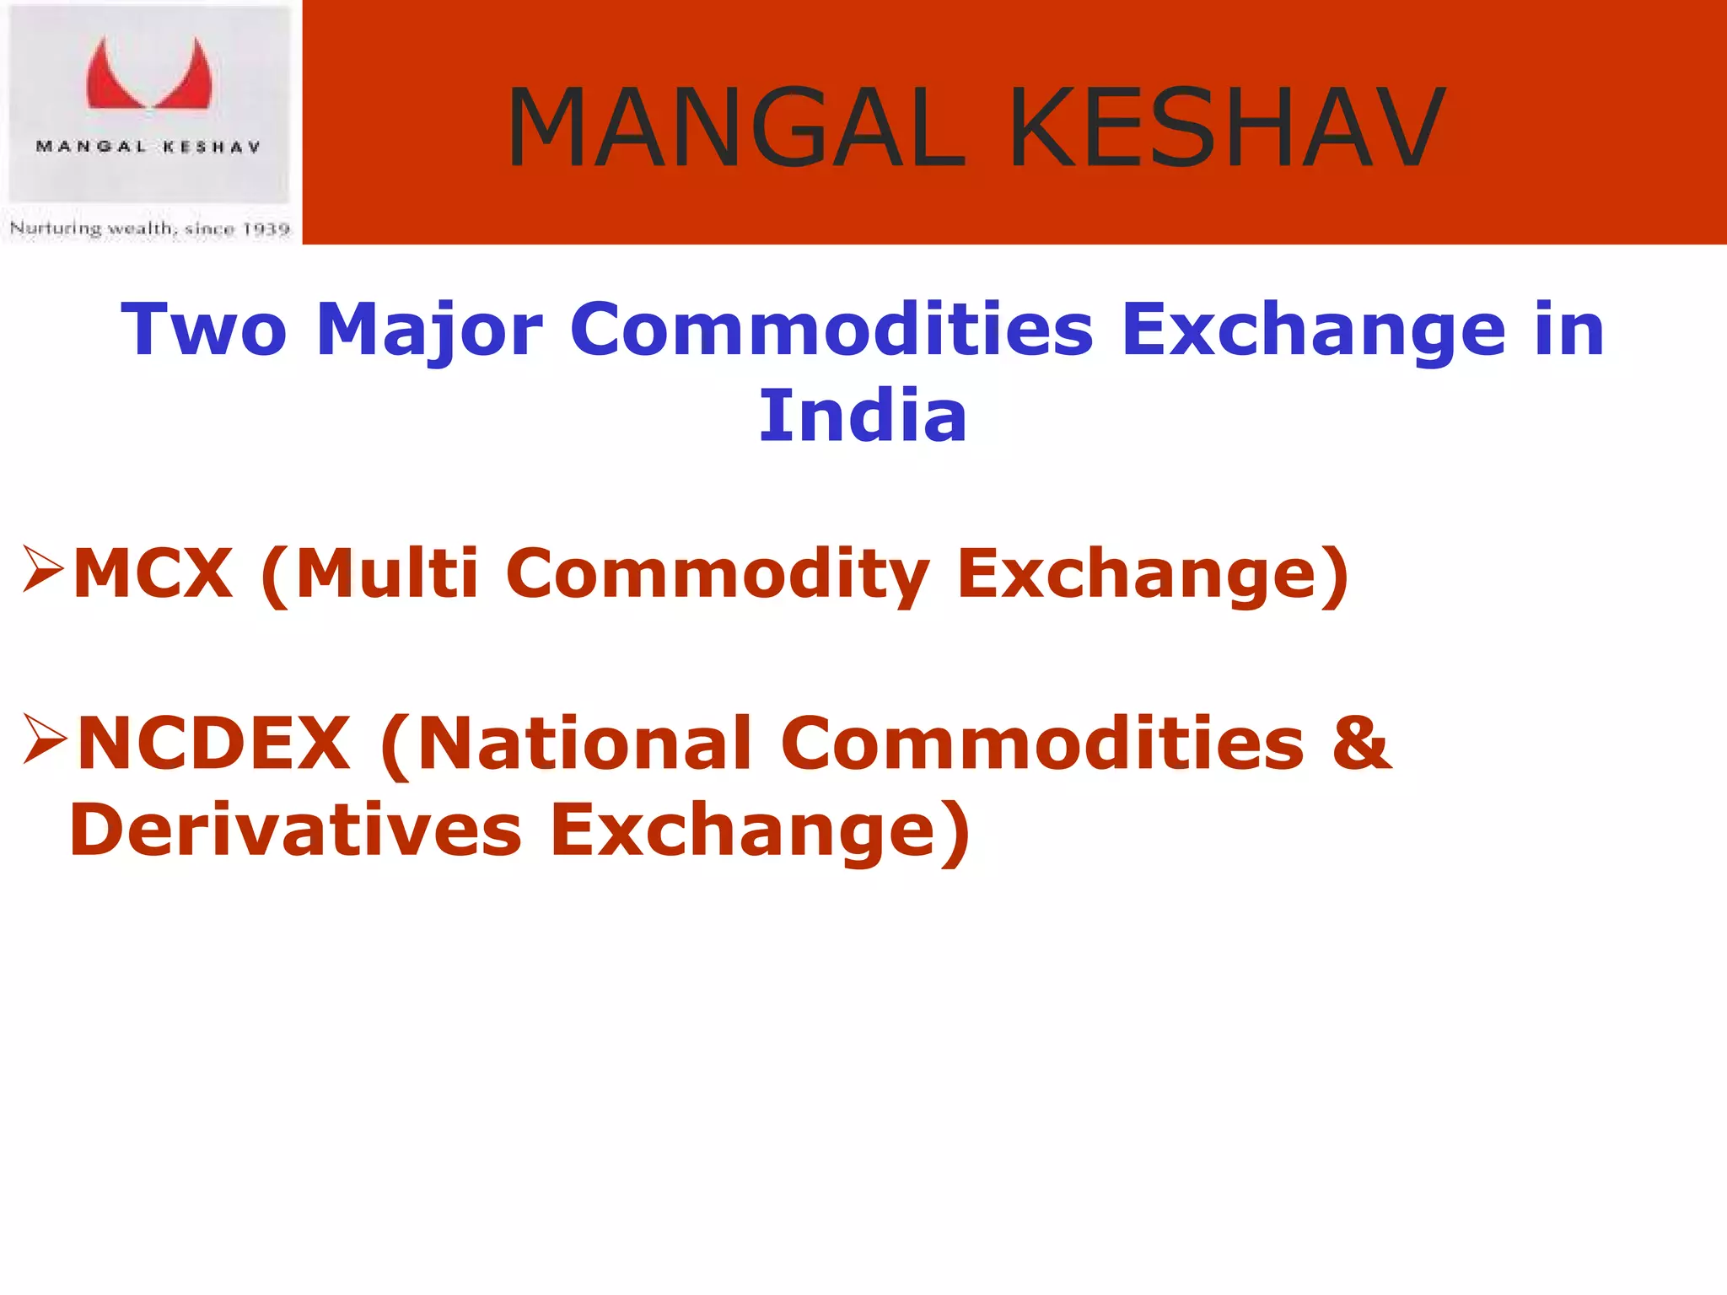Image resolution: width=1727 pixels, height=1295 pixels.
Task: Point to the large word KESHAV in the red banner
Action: click(1227, 128)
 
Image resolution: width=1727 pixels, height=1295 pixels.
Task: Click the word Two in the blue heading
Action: click(204, 330)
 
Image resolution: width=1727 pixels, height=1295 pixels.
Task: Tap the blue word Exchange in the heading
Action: click(1313, 331)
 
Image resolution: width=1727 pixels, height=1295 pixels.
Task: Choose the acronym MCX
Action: click(153, 573)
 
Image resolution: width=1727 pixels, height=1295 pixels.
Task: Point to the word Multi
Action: click(386, 573)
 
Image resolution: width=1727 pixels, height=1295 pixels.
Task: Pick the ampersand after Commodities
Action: click(1361, 743)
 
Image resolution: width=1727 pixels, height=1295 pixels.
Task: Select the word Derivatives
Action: click(295, 830)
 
